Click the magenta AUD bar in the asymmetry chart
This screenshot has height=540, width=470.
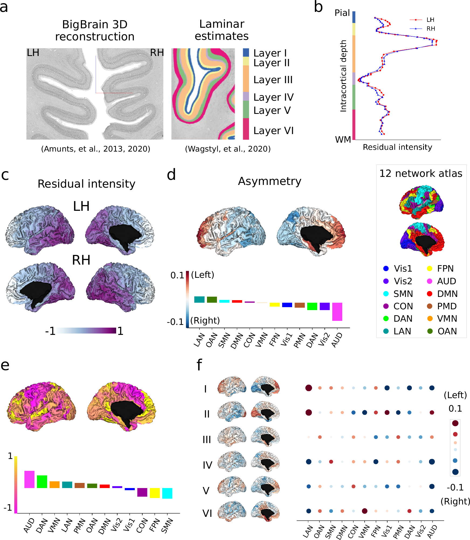click(x=337, y=312)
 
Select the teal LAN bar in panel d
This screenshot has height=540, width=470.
click(x=199, y=299)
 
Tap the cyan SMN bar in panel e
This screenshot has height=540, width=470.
click(x=167, y=493)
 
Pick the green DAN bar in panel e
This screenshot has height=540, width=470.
click(x=42, y=482)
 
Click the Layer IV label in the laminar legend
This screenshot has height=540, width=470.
click(x=273, y=97)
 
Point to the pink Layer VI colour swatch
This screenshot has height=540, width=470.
click(x=246, y=129)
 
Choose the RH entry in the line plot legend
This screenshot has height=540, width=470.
click(x=430, y=29)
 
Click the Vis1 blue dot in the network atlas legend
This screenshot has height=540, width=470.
click(x=386, y=268)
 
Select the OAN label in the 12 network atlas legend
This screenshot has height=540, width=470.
click(x=447, y=331)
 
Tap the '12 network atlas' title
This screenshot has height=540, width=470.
click(x=421, y=174)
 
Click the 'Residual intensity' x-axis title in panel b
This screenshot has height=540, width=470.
click(x=397, y=147)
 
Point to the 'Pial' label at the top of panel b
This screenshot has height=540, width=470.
click(x=342, y=13)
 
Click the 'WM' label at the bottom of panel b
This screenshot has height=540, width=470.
click(x=343, y=139)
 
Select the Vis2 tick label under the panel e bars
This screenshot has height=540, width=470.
click(x=117, y=525)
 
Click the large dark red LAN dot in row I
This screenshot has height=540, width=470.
click(x=309, y=388)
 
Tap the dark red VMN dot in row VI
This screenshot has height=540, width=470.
click(x=365, y=511)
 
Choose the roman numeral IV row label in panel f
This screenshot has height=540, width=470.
click(x=207, y=465)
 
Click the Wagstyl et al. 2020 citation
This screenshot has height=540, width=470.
click(x=228, y=149)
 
